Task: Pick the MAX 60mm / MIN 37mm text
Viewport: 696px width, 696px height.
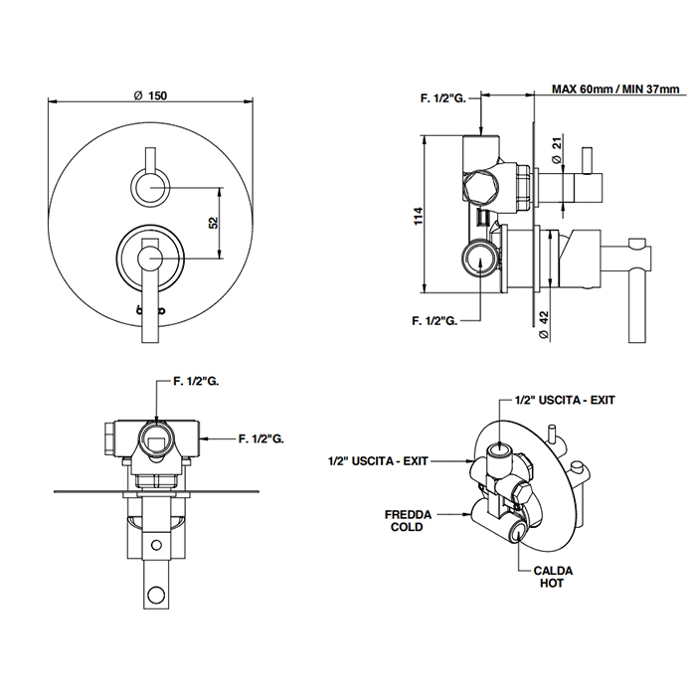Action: click(x=615, y=89)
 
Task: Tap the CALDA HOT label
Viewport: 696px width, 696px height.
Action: click(x=552, y=577)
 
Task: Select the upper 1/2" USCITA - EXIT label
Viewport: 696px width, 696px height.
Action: click(x=565, y=400)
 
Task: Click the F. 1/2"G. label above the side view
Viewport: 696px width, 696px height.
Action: click(x=441, y=97)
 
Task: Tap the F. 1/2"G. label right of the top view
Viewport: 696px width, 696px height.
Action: click(x=262, y=436)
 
